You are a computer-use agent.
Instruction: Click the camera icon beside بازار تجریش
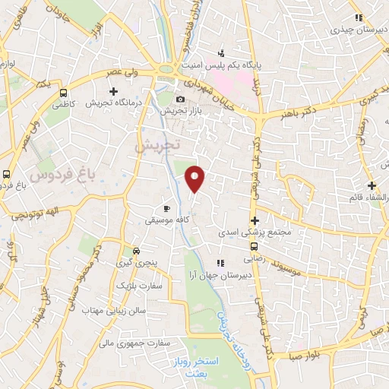pyautogui.click(x=180, y=100)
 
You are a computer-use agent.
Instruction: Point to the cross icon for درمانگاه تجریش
pyautogui.click(x=113, y=92)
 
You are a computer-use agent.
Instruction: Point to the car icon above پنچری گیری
pyautogui.click(x=135, y=250)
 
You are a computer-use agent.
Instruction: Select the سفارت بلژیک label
pyautogui.click(x=136, y=286)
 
